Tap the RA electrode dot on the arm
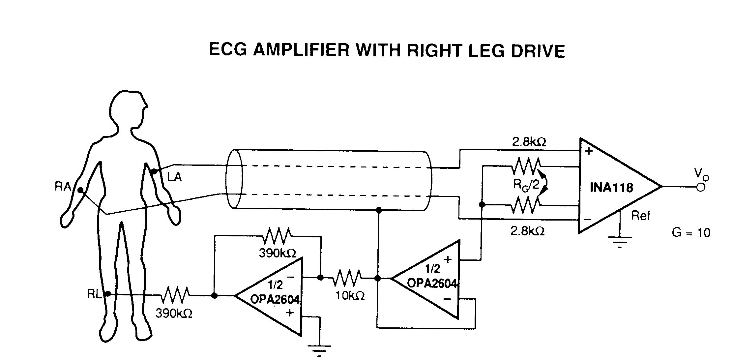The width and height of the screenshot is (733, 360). click(80, 190)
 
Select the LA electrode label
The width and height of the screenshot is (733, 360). click(174, 177)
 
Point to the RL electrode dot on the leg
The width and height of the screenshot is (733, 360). click(107, 294)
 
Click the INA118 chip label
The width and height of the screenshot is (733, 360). click(611, 188)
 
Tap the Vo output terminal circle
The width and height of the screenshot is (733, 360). click(701, 187)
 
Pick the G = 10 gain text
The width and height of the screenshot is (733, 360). click(691, 233)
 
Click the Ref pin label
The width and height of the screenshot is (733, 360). click(641, 216)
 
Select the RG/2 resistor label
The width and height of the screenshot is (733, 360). click(526, 184)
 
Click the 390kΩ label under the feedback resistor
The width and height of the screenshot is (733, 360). click(277, 253)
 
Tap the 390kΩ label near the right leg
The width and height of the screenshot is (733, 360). click(174, 313)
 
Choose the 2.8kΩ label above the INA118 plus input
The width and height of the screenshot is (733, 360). click(529, 142)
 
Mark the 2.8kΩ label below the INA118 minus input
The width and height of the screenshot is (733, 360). click(527, 231)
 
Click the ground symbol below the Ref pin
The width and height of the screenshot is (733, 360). click(620, 241)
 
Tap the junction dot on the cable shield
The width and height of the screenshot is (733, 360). click(379, 210)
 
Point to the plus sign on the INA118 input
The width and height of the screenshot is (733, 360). click(589, 151)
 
